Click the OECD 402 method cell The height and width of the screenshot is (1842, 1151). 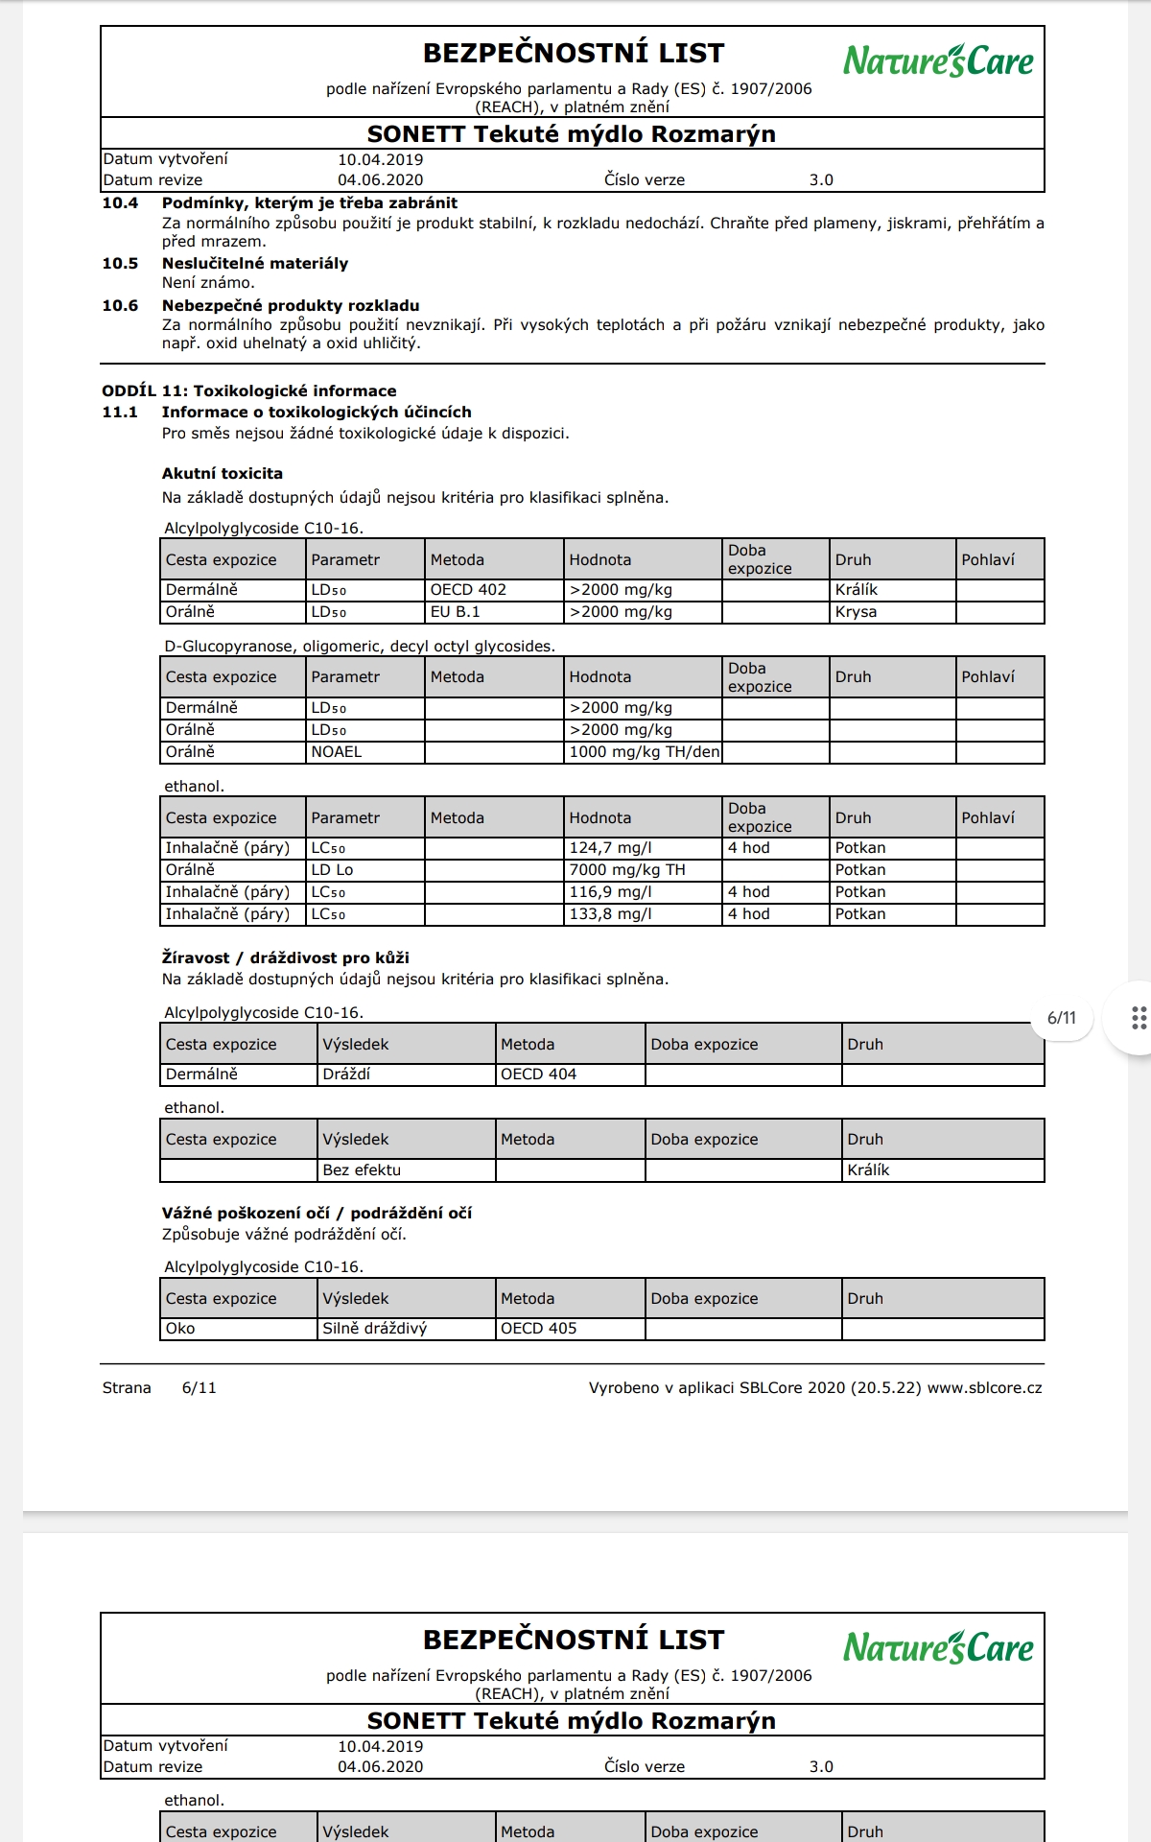pos(468,590)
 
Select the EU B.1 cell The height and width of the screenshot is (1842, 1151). pos(456,612)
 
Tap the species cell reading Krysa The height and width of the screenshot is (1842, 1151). pos(856,612)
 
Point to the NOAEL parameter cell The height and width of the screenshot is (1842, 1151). pos(337,752)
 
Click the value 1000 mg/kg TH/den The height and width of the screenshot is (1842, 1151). pos(644,752)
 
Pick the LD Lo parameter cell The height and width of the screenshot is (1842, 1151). pos(332,870)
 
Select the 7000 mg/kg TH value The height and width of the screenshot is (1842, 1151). pos(627,870)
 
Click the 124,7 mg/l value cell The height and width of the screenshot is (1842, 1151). pos(610,848)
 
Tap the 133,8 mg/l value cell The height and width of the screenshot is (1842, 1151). pos(610,914)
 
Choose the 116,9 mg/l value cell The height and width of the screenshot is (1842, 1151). pos(610,892)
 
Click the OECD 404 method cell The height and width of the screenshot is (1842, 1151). pos(538,1074)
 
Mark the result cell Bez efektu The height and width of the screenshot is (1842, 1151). pos(362,1170)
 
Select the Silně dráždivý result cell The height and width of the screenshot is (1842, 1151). pos(375,1329)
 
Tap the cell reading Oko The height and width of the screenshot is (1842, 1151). pos(180,1329)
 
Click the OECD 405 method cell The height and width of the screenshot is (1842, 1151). pos(538,1329)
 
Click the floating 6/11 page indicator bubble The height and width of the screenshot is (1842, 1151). pos(1062,1018)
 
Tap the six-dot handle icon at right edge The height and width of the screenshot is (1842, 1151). pos(1139,1018)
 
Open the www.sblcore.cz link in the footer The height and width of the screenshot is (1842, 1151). pos(984,1388)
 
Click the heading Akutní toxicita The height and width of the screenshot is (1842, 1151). pos(223,474)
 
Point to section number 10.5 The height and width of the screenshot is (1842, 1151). pos(120,264)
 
